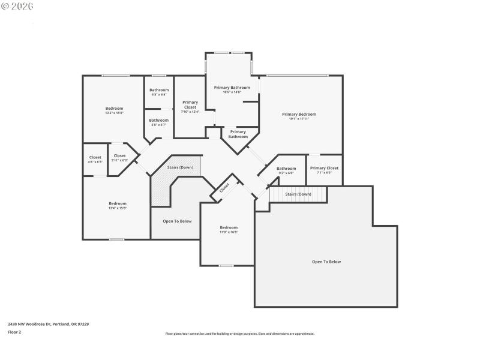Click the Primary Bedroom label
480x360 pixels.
[299, 114]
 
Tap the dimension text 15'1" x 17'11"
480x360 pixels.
[299, 119]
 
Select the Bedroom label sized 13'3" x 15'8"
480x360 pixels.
[114, 108]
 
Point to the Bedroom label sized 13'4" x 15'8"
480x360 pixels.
[118, 203]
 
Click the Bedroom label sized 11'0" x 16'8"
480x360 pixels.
[229, 227]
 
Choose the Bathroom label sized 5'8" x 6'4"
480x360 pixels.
[159, 90]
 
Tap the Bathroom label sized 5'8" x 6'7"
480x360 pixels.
[159, 120]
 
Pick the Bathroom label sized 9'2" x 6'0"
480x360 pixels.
[286, 169]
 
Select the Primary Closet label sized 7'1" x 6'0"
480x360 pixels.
[325, 169]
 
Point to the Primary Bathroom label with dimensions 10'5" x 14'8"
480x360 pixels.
[232, 87]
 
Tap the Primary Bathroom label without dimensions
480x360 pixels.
[238, 134]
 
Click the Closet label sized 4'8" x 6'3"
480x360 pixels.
[95, 157]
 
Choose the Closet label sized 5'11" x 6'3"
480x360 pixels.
[120, 156]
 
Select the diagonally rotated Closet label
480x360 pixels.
[224, 187]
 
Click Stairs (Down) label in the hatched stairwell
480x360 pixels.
[180, 167]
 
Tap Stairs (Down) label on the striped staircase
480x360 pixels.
[298, 194]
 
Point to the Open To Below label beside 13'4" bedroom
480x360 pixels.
[177, 221]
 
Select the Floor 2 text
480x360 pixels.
[14, 332]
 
